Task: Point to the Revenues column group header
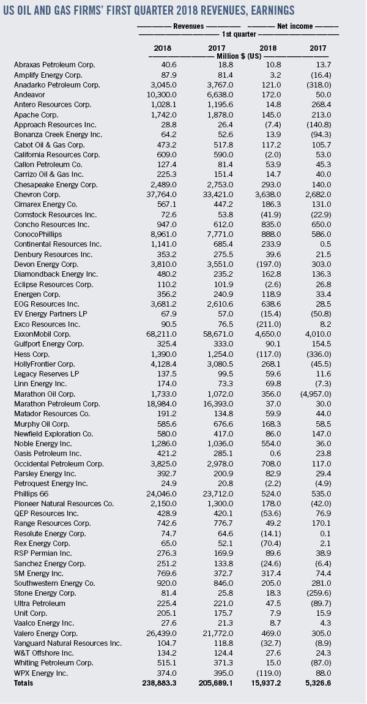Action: click(x=189, y=26)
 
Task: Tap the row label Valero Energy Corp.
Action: click(x=47, y=632)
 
